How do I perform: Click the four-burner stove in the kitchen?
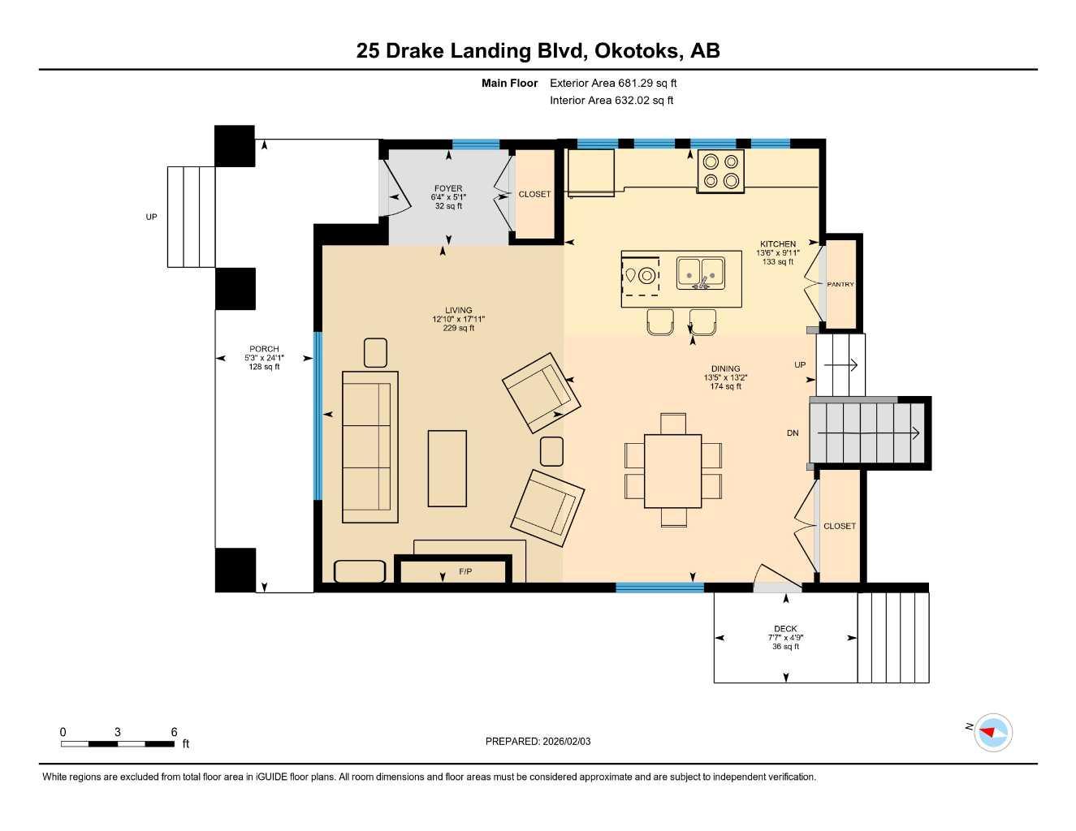(720, 171)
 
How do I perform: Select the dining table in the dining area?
(672, 471)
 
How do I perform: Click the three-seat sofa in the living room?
(369, 446)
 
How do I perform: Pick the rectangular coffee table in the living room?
(447, 468)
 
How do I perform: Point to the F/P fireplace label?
(465, 571)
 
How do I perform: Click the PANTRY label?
(840, 284)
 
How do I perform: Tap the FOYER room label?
(448, 188)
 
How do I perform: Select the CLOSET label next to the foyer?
(534, 194)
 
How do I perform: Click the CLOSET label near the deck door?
(840, 526)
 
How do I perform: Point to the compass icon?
(992, 732)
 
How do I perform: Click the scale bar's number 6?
(174, 732)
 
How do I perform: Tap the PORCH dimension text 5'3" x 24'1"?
(264, 358)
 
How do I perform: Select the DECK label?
(785, 628)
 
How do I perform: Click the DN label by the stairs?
(793, 433)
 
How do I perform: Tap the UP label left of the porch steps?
(151, 217)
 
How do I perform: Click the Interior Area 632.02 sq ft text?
(611, 101)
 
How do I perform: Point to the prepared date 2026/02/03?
(566, 741)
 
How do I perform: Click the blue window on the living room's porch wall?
(318, 415)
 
